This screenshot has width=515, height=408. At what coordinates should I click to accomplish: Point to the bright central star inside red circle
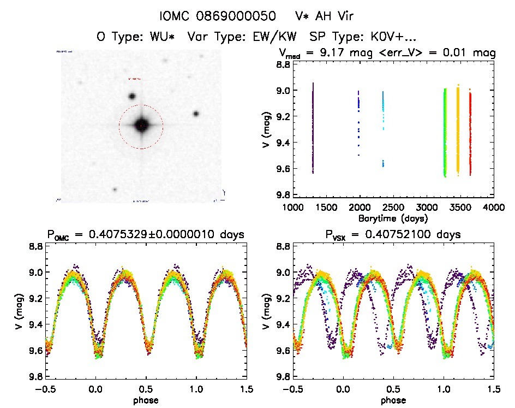[x=141, y=126]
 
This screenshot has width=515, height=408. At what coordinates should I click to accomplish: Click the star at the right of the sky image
[x=196, y=114]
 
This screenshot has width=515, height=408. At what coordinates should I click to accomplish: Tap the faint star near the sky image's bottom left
[x=115, y=190]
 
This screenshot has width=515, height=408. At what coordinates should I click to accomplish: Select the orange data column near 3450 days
[x=458, y=131]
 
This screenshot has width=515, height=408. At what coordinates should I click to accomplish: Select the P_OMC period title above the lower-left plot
[x=145, y=235]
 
